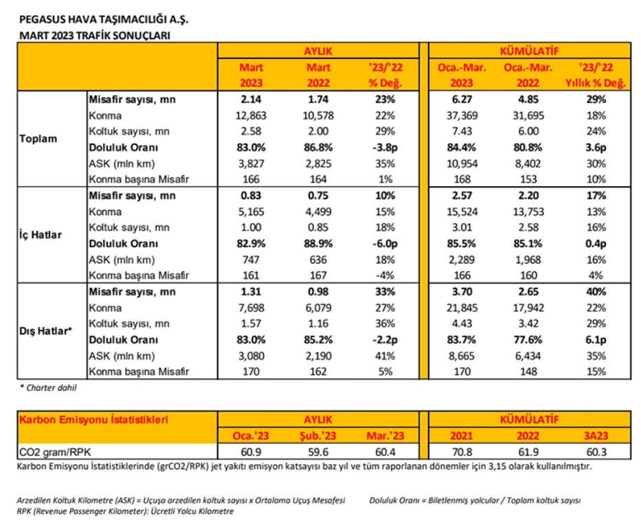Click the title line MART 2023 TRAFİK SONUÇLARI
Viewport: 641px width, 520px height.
pos(94,36)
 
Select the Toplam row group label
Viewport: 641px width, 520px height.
pos(38,139)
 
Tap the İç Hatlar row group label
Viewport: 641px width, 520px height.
pos(41,235)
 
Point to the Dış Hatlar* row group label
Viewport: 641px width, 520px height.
pos(45,330)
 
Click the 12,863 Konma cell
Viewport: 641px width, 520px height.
pos(251,115)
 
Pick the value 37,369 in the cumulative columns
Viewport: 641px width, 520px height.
pos(462,115)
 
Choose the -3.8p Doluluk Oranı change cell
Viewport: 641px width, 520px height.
pos(385,148)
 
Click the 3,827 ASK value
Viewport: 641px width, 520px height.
pos(251,164)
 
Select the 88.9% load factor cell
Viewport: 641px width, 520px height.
pos(318,244)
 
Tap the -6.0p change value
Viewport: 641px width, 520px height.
pos(385,244)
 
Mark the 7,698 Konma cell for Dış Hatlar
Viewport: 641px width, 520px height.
pos(251,308)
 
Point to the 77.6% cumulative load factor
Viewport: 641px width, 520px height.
pos(528,340)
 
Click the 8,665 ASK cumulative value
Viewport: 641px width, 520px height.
pos(462,356)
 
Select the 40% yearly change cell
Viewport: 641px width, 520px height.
pos(596,292)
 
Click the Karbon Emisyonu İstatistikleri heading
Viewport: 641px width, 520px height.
pos(93,420)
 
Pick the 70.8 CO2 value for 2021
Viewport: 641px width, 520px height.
pos(462,452)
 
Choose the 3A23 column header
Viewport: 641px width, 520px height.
pos(596,436)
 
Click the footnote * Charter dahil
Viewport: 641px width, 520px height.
pos(48,387)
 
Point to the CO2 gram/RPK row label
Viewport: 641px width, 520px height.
pos(55,452)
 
